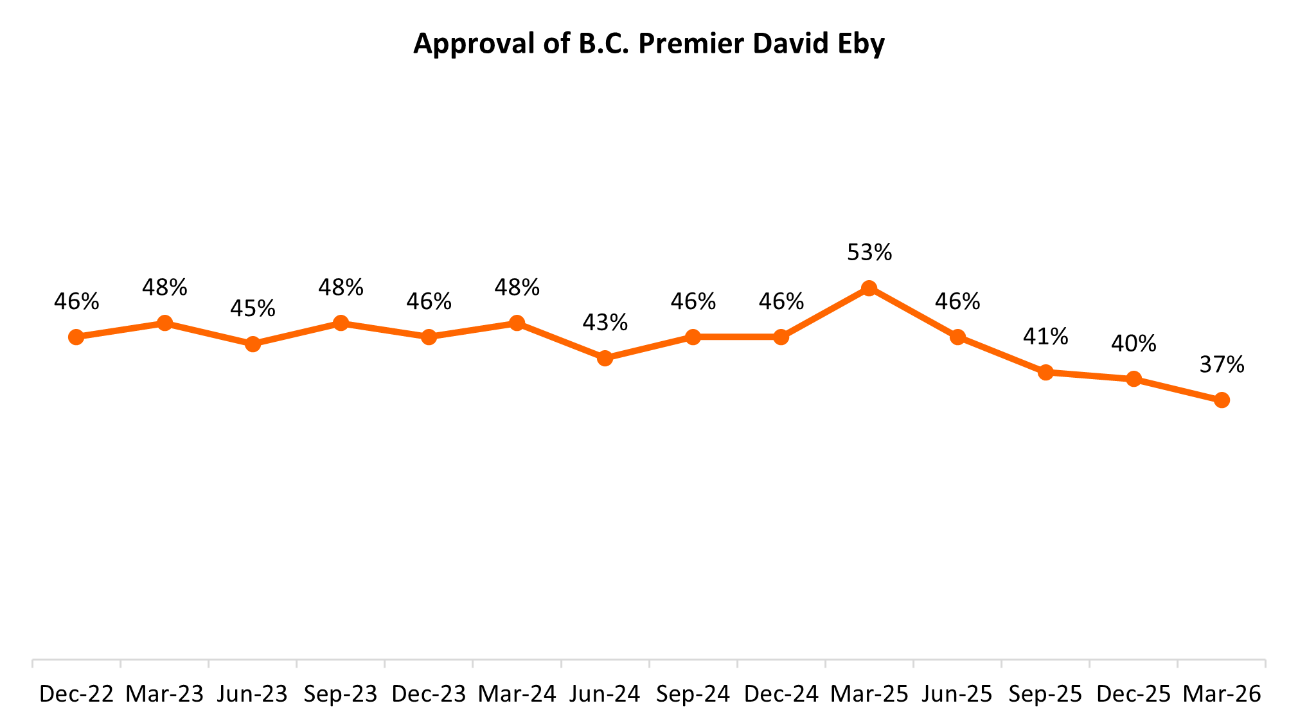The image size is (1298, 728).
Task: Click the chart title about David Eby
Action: (648, 44)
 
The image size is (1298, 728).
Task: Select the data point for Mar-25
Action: (869, 288)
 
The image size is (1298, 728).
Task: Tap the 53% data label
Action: (869, 253)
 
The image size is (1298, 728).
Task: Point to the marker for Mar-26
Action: (1222, 400)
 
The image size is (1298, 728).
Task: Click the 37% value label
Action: (1222, 365)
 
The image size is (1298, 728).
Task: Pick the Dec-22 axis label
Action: (76, 694)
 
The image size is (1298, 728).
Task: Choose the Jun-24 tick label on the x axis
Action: (605, 694)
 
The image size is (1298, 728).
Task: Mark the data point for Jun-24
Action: (605, 358)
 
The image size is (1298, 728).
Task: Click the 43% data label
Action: (605, 323)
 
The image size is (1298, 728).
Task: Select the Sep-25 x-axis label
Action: (1045, 694)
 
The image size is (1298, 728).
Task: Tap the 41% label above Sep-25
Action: (1045, 337)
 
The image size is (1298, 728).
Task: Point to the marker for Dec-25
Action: (1134, 379)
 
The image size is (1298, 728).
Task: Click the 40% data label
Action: (1134, 344)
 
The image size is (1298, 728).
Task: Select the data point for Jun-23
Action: (253, 344)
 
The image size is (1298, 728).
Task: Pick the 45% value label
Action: (253, 308)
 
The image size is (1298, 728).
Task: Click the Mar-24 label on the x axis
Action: (517, 694)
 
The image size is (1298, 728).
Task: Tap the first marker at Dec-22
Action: (76, 337)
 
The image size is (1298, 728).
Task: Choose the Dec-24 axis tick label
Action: (781, 694)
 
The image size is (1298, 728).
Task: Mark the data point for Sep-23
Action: (341, 323)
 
